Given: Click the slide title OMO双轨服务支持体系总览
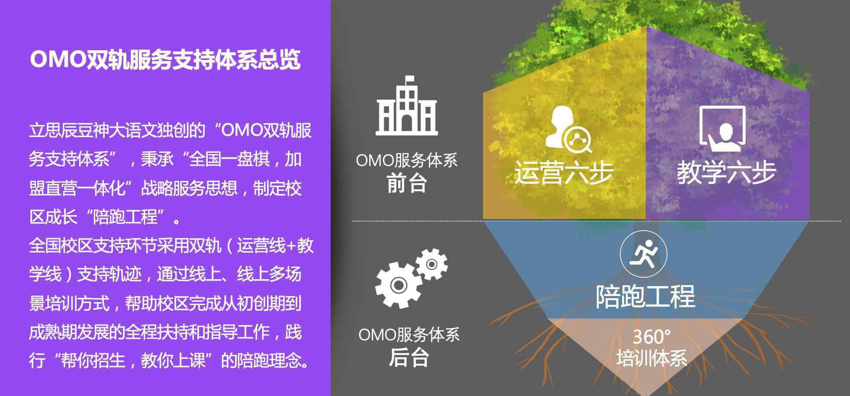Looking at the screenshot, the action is [165, 60].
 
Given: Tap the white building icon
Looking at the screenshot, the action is [406, 106].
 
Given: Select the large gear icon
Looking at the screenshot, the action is [398, 284].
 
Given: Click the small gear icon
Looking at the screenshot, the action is [431, 264].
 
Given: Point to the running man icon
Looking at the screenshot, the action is [644, 254].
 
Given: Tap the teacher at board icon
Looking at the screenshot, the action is [722, 129].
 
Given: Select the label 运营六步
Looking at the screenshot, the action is [564, 173].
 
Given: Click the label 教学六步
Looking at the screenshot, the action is [727, 173].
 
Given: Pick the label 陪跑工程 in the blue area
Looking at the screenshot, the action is [645, 297].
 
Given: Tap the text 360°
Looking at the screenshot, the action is [652, 336].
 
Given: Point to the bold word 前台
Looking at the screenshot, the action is [407, 184].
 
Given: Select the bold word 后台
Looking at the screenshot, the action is [409, 357].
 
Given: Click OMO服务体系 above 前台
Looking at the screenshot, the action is [406, 161].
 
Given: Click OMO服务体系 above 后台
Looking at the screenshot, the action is [409, 335].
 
